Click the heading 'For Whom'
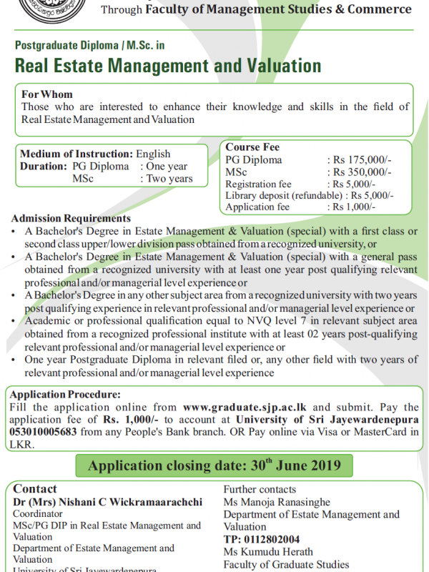coord(47,94)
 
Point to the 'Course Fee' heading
coord(253,147)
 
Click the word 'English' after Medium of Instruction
coord(153,154)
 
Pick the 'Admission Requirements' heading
coord(71,218)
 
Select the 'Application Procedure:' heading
coord(66,393)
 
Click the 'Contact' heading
coord(35,489)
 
